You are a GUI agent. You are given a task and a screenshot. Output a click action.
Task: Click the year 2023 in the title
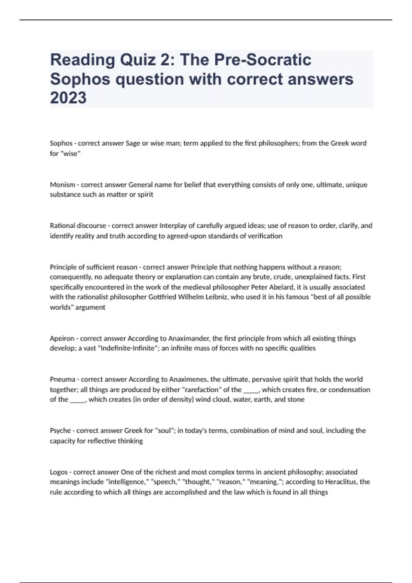(68, 98)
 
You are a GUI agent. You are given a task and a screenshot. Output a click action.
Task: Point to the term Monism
(62, 185)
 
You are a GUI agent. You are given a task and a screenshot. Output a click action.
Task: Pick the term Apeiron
(62, 338)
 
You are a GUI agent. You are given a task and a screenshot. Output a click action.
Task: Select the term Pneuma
(62, 379)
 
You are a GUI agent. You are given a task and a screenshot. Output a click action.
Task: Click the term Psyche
(60, 430)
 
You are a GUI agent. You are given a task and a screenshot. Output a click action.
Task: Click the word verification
(264, 236)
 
